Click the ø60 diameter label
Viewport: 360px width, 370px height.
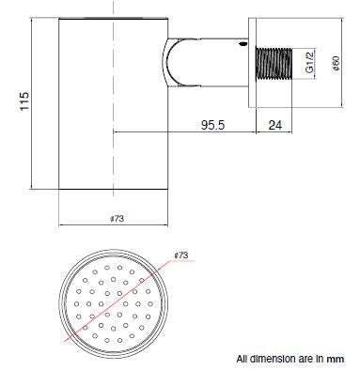tap(336, 64)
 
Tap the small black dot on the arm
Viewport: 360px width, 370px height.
tap(244, 44)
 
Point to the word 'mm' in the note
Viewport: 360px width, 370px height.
tap(337, 358)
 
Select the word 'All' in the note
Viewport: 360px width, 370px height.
tap(243, 358)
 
